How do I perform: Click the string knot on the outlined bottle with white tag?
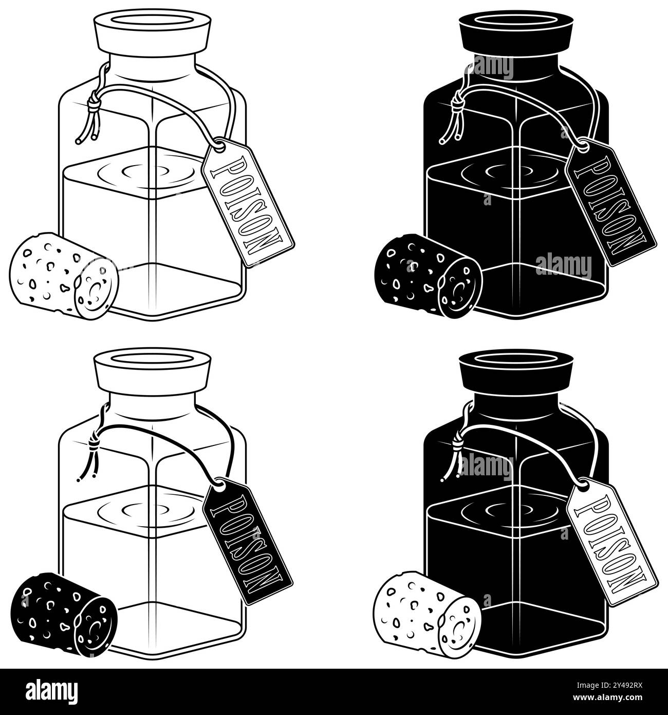[94, 104]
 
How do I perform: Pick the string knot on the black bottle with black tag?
[457, 104]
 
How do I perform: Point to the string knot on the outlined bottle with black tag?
[94, 443]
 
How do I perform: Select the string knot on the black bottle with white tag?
[457, 443]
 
